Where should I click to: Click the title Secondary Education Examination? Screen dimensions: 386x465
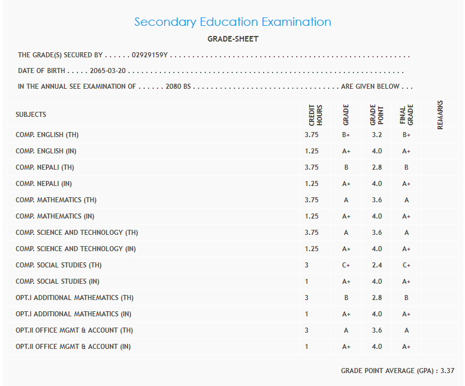(233, 22)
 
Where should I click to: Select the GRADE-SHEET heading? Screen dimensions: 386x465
(233, 39)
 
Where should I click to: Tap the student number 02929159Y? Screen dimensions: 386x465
(150, 55)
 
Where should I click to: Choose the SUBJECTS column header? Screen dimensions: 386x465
(31, 115)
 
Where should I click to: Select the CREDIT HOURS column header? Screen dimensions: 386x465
(315, 115)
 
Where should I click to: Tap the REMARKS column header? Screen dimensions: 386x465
(440, 115)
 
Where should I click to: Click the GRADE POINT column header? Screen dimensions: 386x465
(376, 115)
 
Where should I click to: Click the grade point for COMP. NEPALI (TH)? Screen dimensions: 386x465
(377, 167)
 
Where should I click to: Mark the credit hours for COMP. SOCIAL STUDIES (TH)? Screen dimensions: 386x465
(307, 265)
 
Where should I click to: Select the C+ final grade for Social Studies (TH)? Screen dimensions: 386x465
(407, 265)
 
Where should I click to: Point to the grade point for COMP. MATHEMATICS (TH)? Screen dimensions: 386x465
(377, 200)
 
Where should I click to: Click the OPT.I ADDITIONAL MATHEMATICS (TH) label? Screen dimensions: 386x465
(75, 298)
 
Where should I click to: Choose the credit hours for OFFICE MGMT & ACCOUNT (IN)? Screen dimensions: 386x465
(307, 347)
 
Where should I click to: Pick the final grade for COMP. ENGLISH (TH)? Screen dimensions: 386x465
(407, 135)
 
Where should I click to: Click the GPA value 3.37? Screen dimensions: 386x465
(447, 371)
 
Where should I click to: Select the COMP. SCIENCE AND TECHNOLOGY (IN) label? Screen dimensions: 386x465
(76, 249)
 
